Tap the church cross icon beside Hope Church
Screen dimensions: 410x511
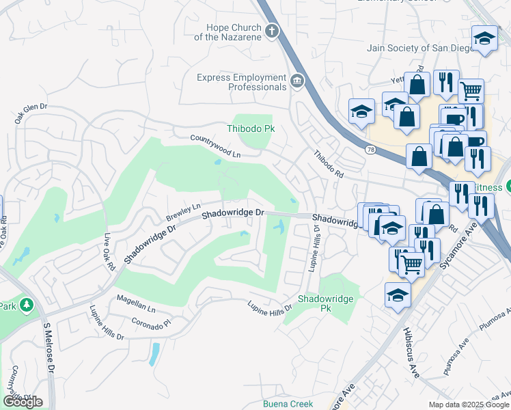pyautogui.click(x=272, y=31)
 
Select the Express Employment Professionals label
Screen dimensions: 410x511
pyautogui.click(x=241, y=82)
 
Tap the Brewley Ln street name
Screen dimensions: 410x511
pyautogui.click(x=183, y=212)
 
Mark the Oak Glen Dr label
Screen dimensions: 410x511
pyautogui.click(x=31, y=113)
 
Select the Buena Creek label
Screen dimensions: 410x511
pyautogui.click(x=288, y=404)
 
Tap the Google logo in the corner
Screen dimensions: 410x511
pyautogui.click(x=23, y=402)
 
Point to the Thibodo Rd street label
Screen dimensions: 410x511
pyautogui.click(x=328, y=165)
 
